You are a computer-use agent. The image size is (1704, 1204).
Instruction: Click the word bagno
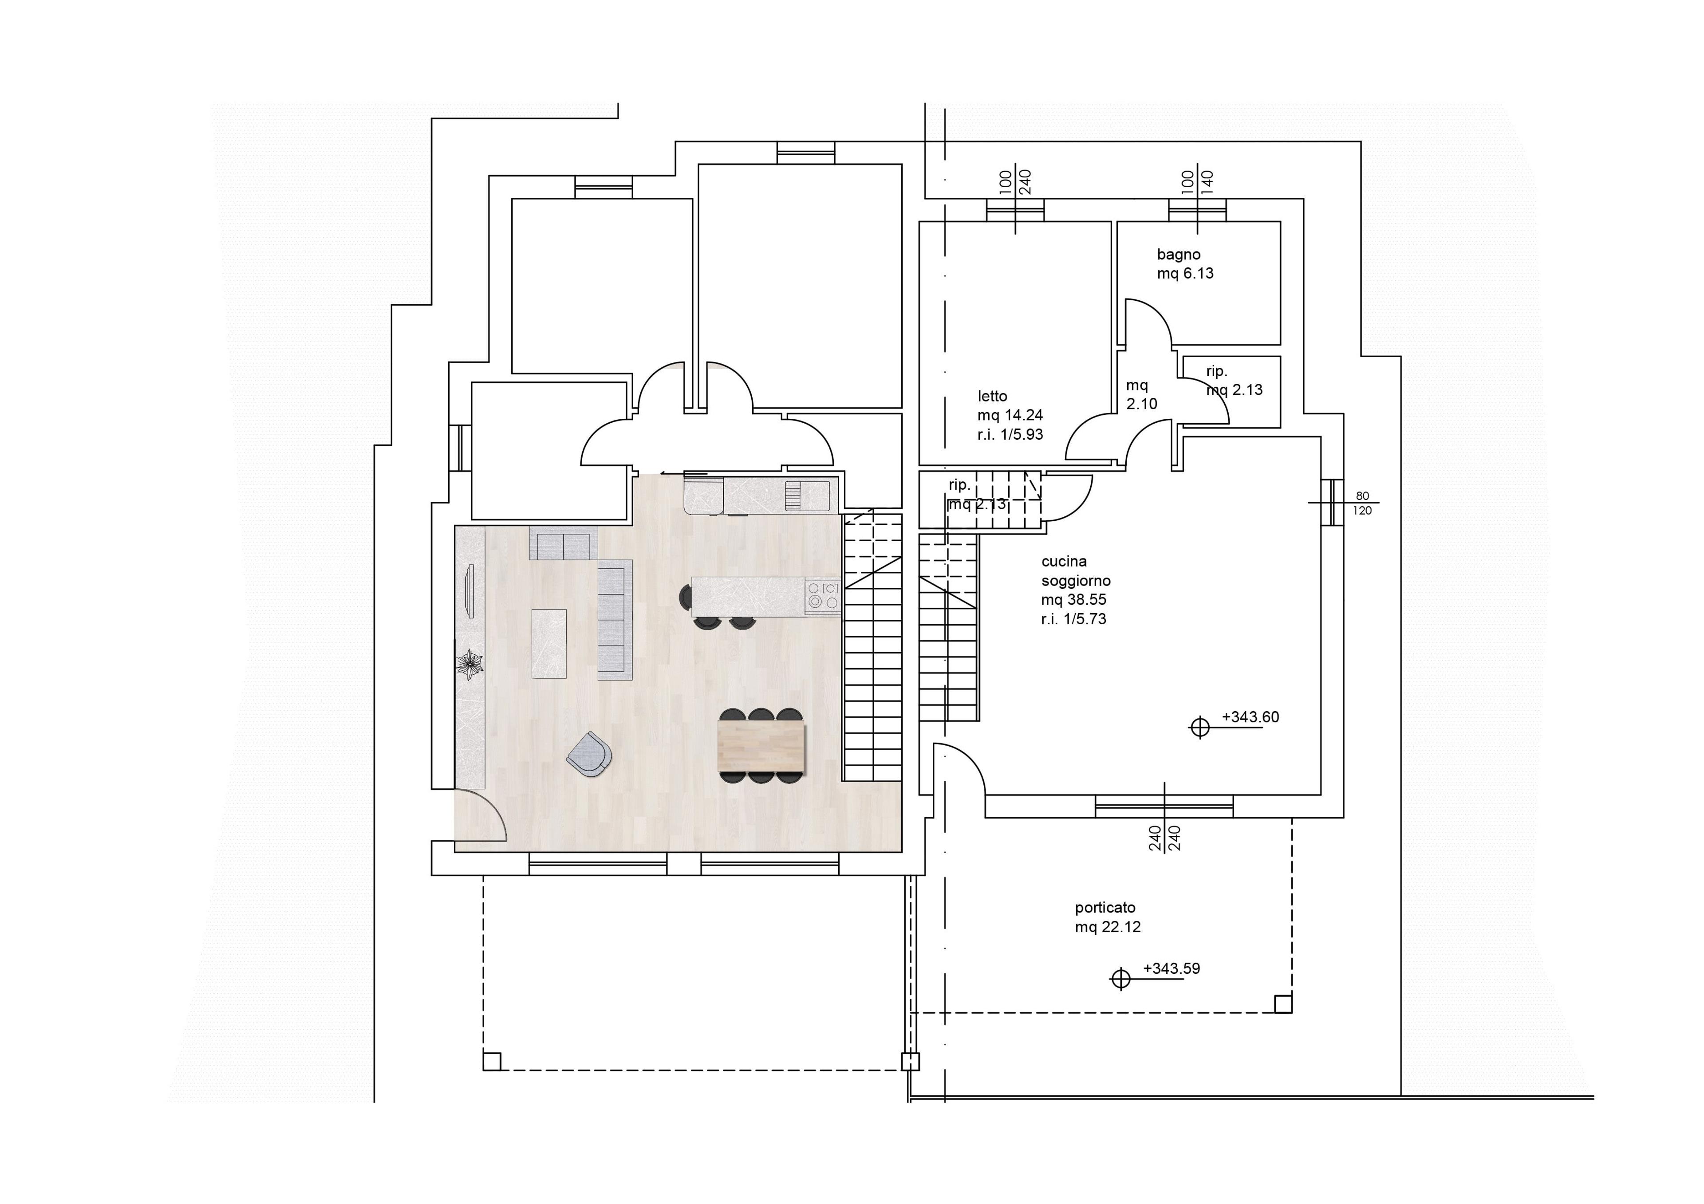[1179, 255]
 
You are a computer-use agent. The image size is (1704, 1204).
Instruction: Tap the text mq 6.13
[1185, 274]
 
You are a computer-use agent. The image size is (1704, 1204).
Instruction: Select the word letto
[992, 396]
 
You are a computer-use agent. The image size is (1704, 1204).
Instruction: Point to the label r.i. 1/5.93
[1010, 435]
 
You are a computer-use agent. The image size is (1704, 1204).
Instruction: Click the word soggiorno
[1075, 581]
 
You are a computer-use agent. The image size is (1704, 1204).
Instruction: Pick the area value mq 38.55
[1073, 599]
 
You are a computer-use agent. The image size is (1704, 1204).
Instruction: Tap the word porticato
[1105, 908]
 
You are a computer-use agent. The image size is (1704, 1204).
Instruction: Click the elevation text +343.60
[1250, 717]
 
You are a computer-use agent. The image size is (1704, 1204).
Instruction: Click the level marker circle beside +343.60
[1199, 728]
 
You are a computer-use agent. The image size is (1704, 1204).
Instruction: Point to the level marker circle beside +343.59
[1120, 979]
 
